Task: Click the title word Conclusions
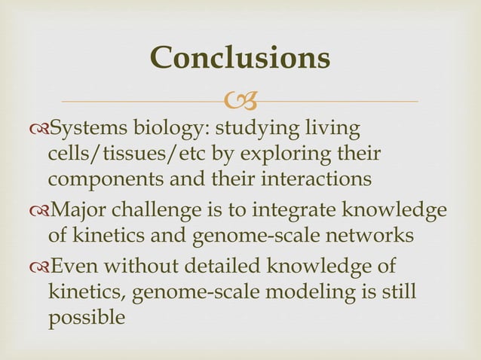coord(240,58)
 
